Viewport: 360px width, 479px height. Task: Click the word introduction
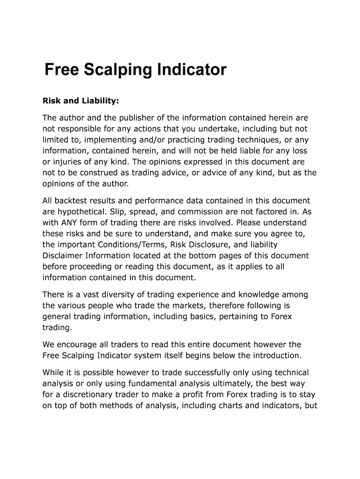276,356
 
